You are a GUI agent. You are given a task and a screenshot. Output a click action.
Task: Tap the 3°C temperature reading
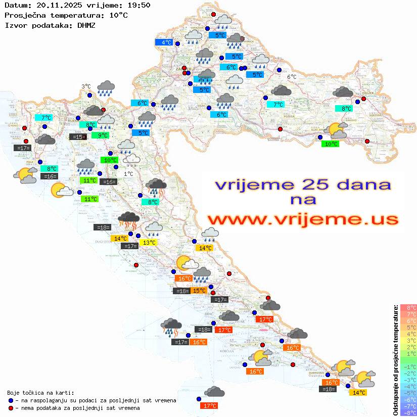(x=86, y=86)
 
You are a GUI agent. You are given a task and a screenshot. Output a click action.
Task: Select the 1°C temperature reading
(x=128, y=174)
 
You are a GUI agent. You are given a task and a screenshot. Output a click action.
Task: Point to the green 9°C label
(x=103, y=135)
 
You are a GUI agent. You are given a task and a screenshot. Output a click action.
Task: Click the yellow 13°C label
(x=149, y=243)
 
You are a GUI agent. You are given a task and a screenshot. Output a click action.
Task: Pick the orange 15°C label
(x=199, y=290)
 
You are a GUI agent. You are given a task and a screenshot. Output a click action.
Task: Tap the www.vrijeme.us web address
(x=302, y=219)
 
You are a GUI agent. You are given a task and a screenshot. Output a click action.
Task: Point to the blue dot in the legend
(x=11, y=400)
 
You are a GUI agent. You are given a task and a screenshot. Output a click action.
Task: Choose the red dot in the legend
(x=11, y=408)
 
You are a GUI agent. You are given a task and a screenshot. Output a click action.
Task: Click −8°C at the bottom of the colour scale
(x=408, y=412)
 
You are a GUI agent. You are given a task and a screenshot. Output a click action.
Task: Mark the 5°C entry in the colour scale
(x=408, y=327)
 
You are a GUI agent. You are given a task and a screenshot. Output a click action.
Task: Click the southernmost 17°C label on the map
(x=209, y=405)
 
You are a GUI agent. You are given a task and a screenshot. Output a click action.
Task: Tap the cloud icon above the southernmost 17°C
(x=215, y=391)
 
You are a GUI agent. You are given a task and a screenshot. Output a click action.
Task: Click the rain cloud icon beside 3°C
(x=106, y=88)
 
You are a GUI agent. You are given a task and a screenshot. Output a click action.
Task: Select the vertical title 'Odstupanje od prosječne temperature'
(x=396, y=360)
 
